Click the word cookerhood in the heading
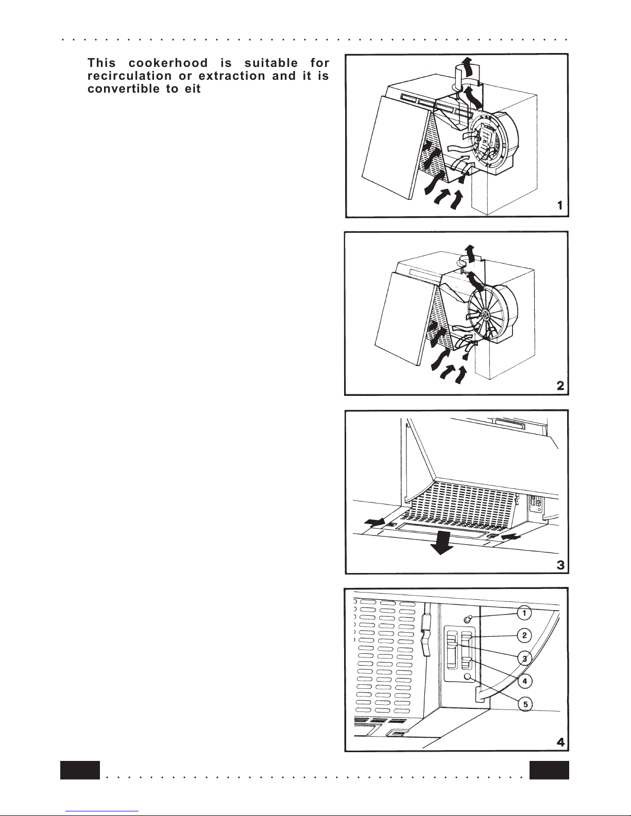pyautogui.click(x=168, y=63)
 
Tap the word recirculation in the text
pyautogui.click(x=130, y=76)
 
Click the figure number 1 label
pyautogui.click(x=559, y=205)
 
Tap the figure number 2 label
pyautogui.click(x=560, y=386)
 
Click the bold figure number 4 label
pyautogui.click(x=560, y=742)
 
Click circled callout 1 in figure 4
pyautogui.click(x=524, y=613)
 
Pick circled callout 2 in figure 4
pyautogui.click(x=524, y=635)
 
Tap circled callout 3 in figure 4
pyautogui.click(x=525, y=658)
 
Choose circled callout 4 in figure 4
pyautogui.click(x=525, y=681)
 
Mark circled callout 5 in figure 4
pyautogui.click(x=525, y=704)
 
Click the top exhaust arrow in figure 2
pyautogui.click(x=469, y=253)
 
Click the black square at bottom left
pyautogui.click(x=80, y=770)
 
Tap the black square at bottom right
pyautogui.click(x=549, y=770)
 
